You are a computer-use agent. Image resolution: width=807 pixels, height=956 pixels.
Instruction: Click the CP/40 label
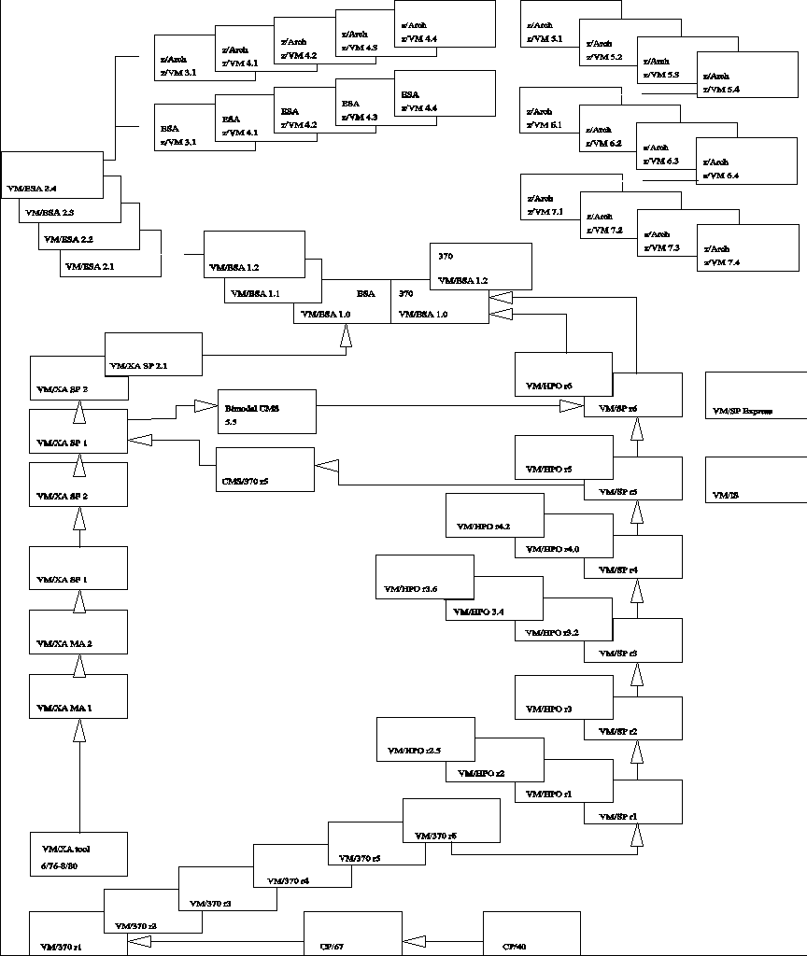pos(515,946)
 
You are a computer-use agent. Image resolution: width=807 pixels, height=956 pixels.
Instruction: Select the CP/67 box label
pos(332,946)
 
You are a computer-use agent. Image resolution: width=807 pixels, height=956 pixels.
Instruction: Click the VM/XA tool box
pos(78,853)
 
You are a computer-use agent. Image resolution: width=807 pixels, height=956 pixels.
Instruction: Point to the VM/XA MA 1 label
pos(64,710)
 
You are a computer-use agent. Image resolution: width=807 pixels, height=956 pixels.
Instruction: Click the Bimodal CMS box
pos(266,411)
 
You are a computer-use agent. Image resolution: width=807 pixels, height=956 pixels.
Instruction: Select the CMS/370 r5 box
pos(266,470)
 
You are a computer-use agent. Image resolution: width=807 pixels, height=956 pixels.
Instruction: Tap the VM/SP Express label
pos(743,411)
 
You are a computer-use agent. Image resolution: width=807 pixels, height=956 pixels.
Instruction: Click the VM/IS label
pos(725,495)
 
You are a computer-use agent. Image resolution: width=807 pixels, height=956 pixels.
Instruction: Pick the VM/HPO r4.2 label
pos(484,527)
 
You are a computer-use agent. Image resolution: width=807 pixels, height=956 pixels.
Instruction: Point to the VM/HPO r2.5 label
pos(414,750)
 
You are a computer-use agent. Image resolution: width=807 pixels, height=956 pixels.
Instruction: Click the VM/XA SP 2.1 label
pos(139,366)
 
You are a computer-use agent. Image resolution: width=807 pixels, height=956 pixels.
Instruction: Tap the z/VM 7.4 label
pos(721,262)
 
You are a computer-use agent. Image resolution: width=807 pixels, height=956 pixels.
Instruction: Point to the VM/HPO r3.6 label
pos(412,590)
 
